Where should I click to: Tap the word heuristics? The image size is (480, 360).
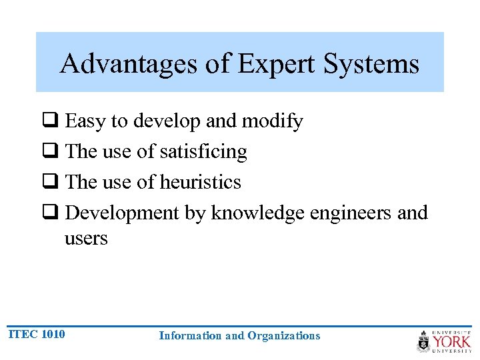pyautogui.click(x=200, y=182)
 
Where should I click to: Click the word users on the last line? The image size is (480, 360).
pyautogui.click(x=85, y=239)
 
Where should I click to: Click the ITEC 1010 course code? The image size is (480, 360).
pyautogui.click(x=37, y=334)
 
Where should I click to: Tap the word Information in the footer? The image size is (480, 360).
pyautogui.click(x=189, y=335)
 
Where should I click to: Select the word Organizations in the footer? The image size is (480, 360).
pyautogui.click(x=283, y=335)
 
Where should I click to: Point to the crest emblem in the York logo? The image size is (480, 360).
pyautogui.click(x=423, y=341)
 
